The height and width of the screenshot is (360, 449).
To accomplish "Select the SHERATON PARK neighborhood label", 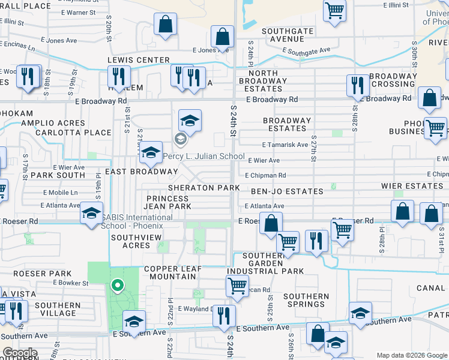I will point(204,188).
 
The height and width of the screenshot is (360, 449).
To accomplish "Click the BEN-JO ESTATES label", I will point(287,191).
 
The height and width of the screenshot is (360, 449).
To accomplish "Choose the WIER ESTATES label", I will point(412,186).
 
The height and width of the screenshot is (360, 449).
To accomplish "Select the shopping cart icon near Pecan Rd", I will point(238,286).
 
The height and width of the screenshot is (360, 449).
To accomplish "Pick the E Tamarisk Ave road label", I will point(285,145).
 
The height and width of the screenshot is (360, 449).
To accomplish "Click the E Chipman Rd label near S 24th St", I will point(265,175).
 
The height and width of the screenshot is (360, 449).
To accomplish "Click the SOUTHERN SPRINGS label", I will point(306,300).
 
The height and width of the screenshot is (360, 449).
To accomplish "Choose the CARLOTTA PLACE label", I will point(73,133).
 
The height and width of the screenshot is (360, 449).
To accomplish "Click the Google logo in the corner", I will point(20,353).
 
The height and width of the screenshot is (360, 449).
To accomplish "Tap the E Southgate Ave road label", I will point(308,52).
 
